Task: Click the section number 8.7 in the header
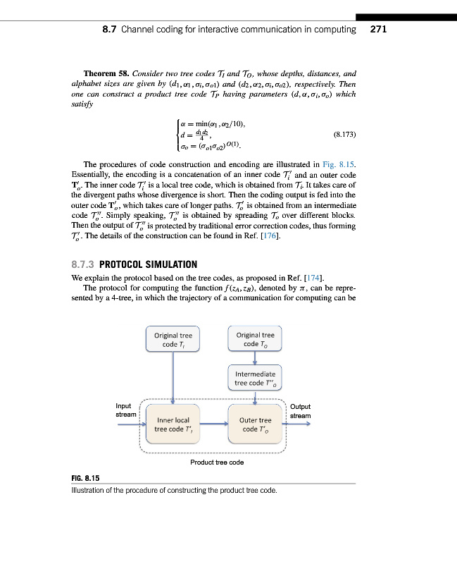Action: [x=110, y=30]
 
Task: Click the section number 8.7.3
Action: [x=83, y=264]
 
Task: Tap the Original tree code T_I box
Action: [x=173, y=339]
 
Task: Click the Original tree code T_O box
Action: [x=255, y=339]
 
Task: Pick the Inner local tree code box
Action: [x=173, y=424]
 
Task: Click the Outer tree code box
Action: [x=255, y=424]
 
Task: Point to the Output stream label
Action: [x=300, y=411]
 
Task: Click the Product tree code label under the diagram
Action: [x=217, y=462]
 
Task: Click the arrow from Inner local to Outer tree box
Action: [x=215, y=424]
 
